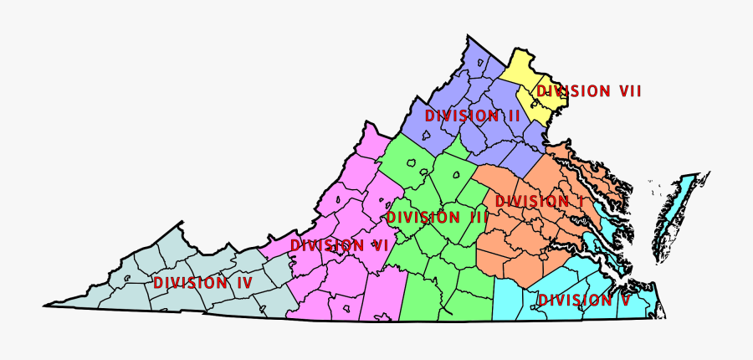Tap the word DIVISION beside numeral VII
[573, 91]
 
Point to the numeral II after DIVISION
[512, 116]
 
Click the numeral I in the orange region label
[578, 202]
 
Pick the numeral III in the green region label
[477, 217]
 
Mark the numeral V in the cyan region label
[624, 300]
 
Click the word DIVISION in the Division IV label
[190, 283]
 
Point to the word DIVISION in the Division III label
[423, 217]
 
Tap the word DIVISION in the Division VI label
[326, 245]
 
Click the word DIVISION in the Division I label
[531, 202]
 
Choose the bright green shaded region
[435, 268]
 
